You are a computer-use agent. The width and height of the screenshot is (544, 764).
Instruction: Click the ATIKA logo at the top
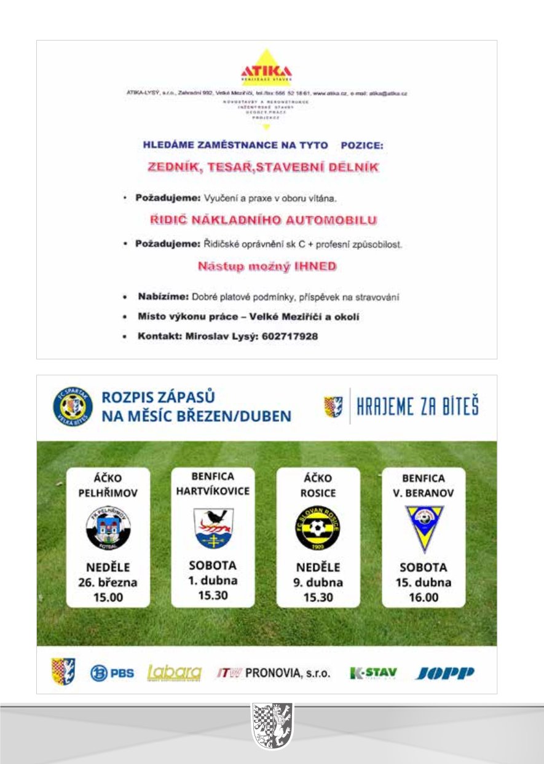[267, 70]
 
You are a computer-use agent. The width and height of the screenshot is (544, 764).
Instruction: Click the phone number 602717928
[290, 337]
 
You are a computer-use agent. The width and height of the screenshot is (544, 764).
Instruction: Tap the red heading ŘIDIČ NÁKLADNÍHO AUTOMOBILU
[264, 219]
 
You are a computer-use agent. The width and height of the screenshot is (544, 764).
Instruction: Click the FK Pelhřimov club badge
[108, 527]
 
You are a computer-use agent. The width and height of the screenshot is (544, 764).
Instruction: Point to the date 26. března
[108, 582]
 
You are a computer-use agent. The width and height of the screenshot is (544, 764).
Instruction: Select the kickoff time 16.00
[424, 596]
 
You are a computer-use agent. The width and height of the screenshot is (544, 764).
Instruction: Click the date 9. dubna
[318, 582]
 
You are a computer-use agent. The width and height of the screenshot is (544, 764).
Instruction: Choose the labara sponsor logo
[175, 672]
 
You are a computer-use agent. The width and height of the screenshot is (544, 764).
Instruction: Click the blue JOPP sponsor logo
[445, 673]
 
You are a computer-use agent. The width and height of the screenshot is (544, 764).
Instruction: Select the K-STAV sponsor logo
[373, 673]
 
